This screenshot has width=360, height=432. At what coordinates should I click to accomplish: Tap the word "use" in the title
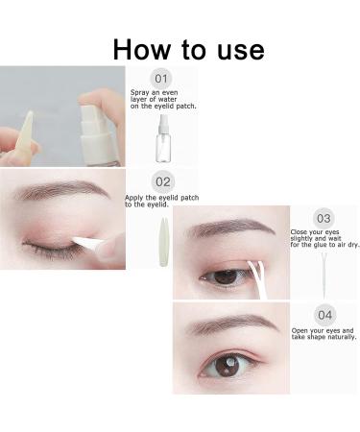point(231,49)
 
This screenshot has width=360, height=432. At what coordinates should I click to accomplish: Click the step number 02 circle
point(162,180)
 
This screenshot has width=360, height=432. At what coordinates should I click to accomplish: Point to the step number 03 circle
point(324,218)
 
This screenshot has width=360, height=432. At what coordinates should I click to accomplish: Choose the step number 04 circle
point(324,314)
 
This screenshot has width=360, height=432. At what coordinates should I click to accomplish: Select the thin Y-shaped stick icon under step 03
point(324,273)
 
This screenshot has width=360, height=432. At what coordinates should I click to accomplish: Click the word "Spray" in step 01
point(142,94)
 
